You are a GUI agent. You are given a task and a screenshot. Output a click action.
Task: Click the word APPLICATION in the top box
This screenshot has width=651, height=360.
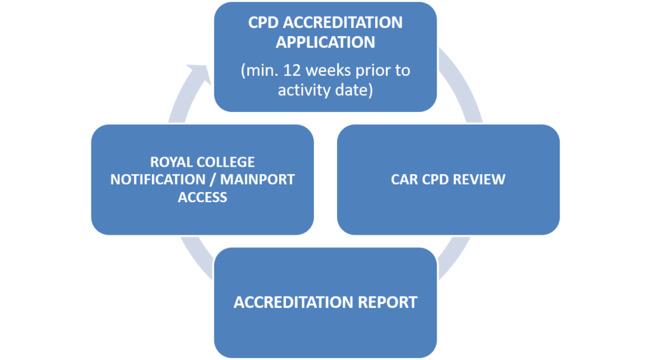[325, 42]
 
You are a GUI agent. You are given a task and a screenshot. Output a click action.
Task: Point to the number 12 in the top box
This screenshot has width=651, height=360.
[292, 70]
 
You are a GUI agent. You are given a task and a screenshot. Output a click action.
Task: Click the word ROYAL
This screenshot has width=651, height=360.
[168, 162]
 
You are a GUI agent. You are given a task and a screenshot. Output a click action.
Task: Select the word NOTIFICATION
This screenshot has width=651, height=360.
[158, 179]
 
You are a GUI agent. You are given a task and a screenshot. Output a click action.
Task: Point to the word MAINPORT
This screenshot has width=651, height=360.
[257, 179]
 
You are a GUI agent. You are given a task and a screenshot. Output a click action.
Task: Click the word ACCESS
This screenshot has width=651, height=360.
[203, 197]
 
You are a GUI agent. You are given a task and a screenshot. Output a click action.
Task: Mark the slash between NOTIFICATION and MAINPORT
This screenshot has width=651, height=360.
[213, 179]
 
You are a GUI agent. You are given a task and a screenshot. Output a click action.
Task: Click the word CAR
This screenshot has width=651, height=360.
[404, 179]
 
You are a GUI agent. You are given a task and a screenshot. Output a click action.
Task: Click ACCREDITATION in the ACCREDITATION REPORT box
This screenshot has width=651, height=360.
[294, 302]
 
